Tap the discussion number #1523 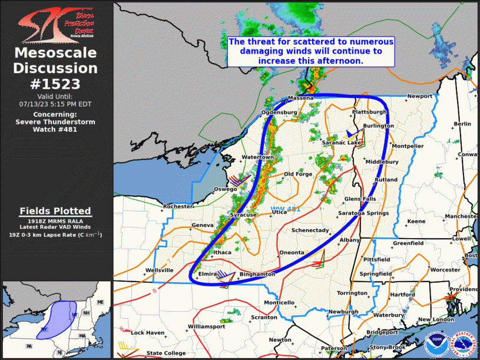pyautogui.click(x=56, y=84)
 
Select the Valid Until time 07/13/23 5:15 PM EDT pyautogui.click(x=56, y=104)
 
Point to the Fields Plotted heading pyautogui.click(x=56, y=211)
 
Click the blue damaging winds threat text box pyautogui.click(x=310, y=51)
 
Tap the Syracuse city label pyautogui.click(x=243, y=216)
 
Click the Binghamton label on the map pyautogui.click(x=257, y=275)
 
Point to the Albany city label pyautogui.click(x=349, y=240)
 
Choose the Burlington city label pyautogui.click(x=378, y=126)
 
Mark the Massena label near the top pyautogui.click(x=300, y=98)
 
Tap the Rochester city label pyautogui.click(x=177, y=207)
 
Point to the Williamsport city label pyautogui.click(x=206, y=326)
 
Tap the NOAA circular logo pyautogui.click(x=435, y=342)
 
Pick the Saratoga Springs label pyautogui.click(x=363, y=213)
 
